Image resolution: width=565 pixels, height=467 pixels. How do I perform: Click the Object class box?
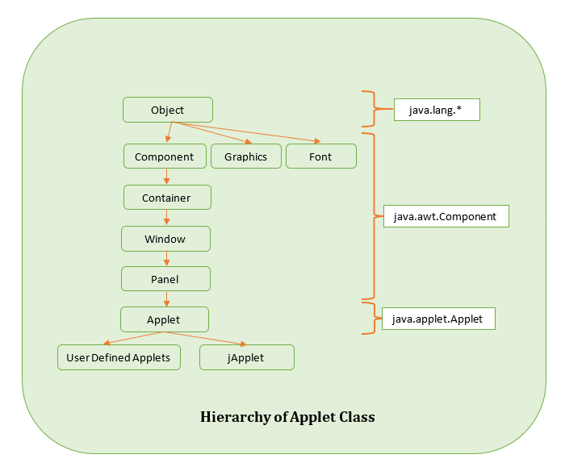pos(167,110)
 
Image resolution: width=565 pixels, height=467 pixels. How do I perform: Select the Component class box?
pos(164,156)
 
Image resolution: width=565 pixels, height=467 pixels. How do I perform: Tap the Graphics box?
pos(245,156)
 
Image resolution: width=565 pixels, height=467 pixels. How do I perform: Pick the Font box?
pos(320,156)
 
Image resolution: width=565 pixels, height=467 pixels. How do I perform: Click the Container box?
pos(166,198)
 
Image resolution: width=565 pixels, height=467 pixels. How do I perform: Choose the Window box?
pos(165,239)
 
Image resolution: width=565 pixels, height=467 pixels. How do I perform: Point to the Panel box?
pos(165,279)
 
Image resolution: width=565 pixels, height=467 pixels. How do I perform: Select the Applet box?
pos(164,319)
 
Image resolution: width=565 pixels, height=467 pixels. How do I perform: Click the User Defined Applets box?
pos(118,357)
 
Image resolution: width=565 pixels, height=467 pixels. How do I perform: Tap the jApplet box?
pos(246,357)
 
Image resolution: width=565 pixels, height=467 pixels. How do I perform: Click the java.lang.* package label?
pos(437,110)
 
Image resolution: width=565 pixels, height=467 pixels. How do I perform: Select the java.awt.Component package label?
pos(446,217)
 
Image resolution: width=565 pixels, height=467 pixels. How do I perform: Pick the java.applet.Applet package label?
pos(437,319)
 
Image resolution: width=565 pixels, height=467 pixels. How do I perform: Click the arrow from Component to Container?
pos(166,177)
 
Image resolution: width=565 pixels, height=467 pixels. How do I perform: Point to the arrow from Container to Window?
pos(166,218)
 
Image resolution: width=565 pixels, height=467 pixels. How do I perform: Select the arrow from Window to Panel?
pos(166,259)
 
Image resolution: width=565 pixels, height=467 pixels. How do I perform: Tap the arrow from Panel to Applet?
pos(166,299)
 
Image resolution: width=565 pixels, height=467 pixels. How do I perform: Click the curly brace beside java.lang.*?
pos(371,109)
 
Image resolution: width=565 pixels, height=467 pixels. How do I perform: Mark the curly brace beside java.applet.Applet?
pos(370,318)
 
